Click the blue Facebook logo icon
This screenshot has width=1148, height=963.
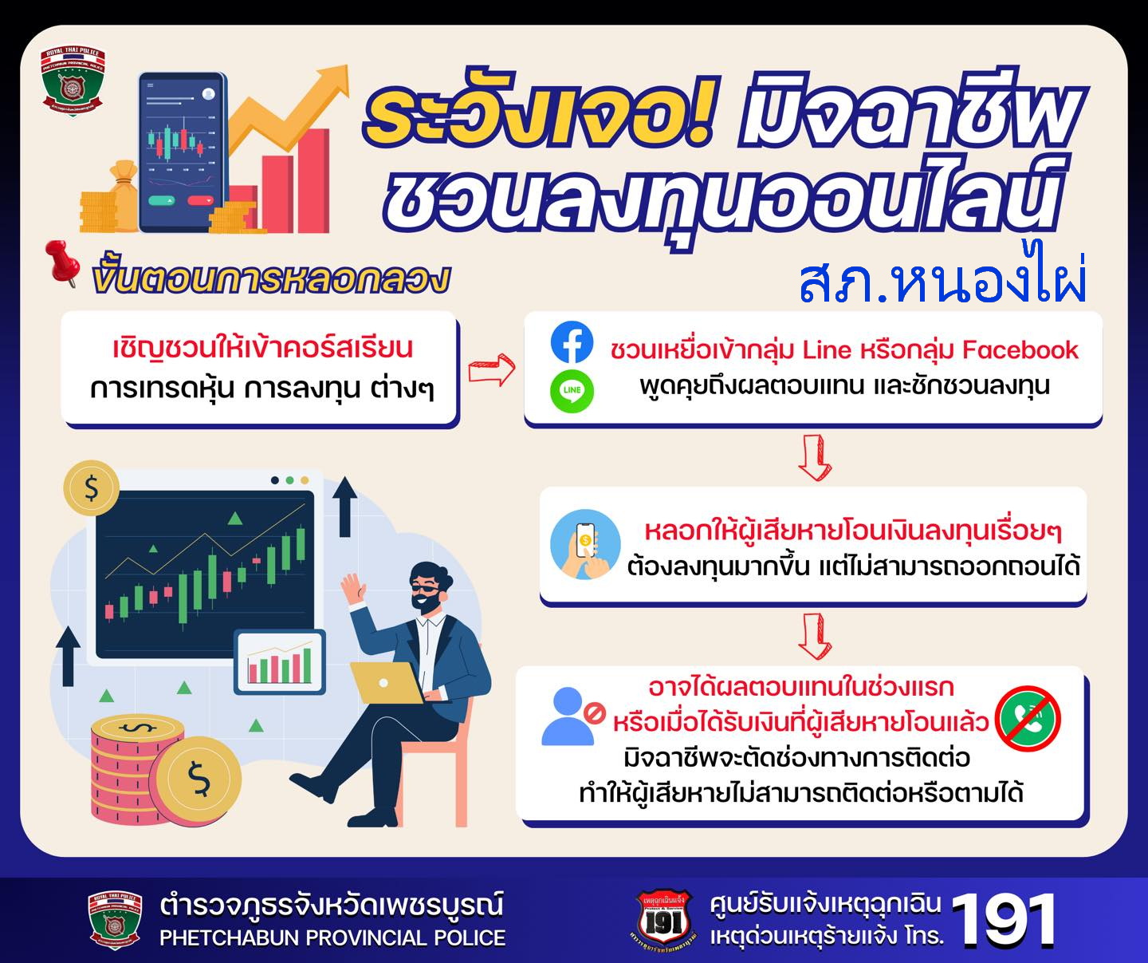(x=572, y=341)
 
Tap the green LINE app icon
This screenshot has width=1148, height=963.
(x=572, y=391)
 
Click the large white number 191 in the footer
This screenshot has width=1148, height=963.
(x=1003, y=921)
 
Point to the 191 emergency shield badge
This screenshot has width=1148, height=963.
(x=663, y=920)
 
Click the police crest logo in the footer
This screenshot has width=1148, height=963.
(x=114, y=920)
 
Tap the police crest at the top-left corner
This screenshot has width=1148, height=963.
(x=72, y=81)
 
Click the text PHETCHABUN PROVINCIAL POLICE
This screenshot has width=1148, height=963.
(x=332, y=938)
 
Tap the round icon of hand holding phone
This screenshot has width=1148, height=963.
(x=585, y=544)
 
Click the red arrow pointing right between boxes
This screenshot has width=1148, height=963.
(x=492, y=369)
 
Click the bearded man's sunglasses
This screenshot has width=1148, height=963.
(x=426, y=590)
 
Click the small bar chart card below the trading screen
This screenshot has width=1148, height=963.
(x=279, y=662)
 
